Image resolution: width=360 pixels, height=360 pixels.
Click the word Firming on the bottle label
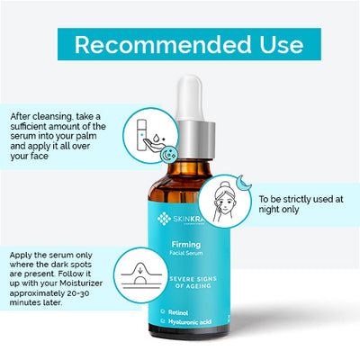(184, 245)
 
